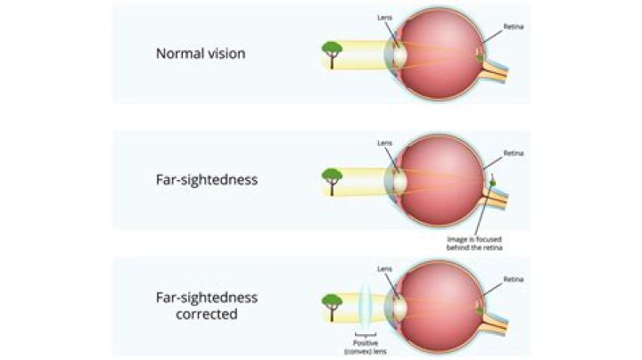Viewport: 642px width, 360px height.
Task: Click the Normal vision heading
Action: tap(201, 53)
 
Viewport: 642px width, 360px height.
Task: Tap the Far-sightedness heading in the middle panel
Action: tap(206, 179)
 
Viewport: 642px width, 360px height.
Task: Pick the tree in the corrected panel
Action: tap(333, 305)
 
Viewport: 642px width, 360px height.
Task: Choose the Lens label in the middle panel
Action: tap(384, 143)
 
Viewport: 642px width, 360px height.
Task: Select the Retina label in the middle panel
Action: tap(514, 153)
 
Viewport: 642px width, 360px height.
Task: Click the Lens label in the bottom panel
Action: tap(384, 267)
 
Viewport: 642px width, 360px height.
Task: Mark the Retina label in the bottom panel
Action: tap(514, 279)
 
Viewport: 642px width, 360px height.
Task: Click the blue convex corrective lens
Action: tap(367, 306)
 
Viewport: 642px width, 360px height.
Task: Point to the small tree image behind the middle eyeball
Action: tap(493, 184)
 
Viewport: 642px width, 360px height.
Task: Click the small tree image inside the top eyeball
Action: tap(481, 56)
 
